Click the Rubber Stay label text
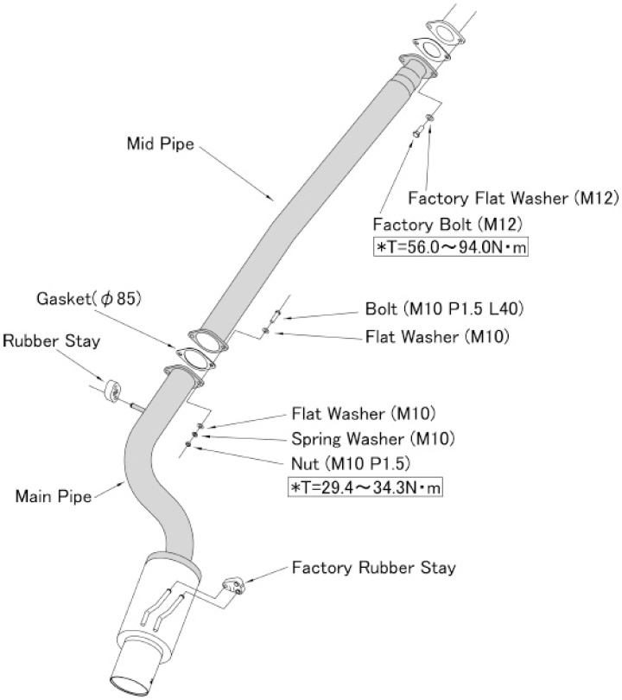pyautogui.click(x=50, y=340)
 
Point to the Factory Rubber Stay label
pyautogui.click(x=373, y=568)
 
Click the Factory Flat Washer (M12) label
pyautogui.click(x=513, y=198)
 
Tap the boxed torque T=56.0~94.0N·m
pyautogui.click(x=449, y=247)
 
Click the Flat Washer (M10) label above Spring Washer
pyautogui.click(x=363, y=413)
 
